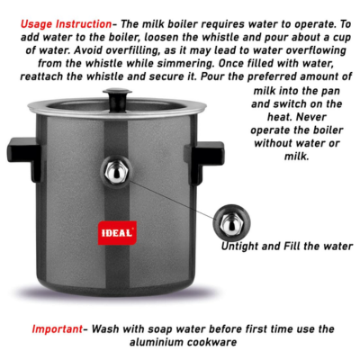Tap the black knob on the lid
point(118,96)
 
